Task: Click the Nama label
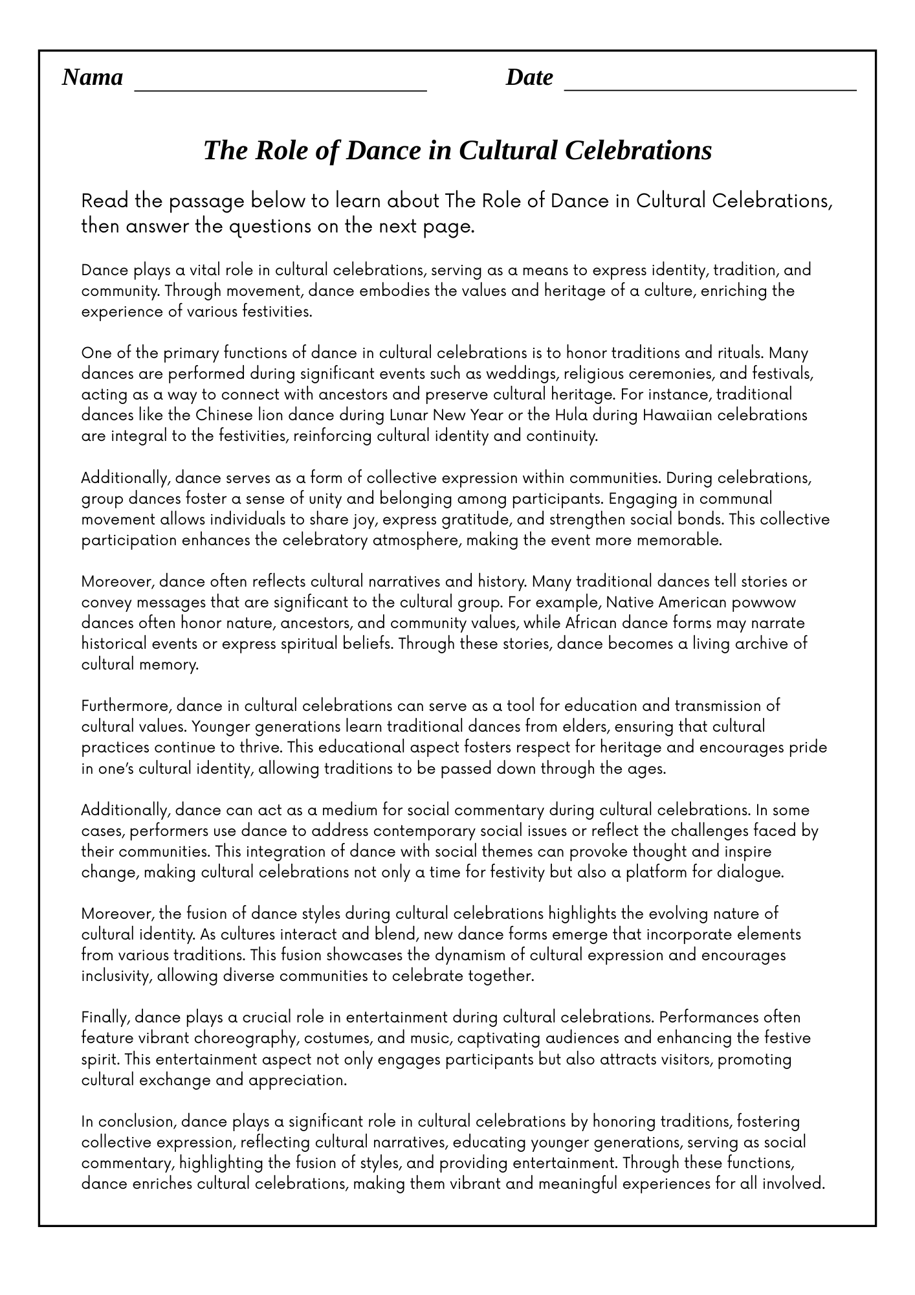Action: [93, 77]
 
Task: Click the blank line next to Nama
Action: [280, 88]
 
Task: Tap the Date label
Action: [529, 77]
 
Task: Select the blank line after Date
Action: [710, 88]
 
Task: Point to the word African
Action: [591, 623]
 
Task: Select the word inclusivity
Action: [116, 976]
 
